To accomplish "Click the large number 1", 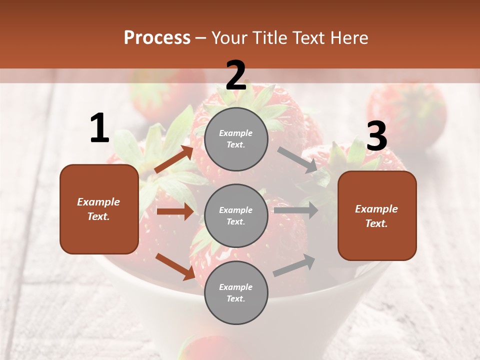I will [x=99, y=128].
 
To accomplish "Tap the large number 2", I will [x=236, y=75].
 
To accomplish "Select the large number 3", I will [x=377, y=136].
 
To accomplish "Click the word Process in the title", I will [x=157, y=37].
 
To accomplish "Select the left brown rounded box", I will [x=99, y=209].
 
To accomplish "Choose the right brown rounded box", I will [x=377, y=216].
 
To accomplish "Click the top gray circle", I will [x=236, y=139].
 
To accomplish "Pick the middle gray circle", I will [x=236, y=215].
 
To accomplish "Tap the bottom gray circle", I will [x=236, y=292].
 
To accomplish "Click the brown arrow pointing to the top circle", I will [x=174, y=159].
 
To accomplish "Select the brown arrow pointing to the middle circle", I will [x=175, y=211].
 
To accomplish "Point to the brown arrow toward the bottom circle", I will [x=175, y=266].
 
